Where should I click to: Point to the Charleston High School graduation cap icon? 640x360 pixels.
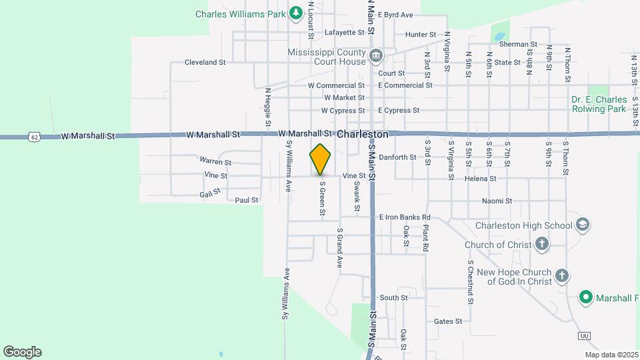point(582,225)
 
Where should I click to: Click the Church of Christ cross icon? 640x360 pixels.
point(541,244)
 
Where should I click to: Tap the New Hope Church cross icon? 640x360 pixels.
point(561,275)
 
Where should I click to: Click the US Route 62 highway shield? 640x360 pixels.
point(34,136)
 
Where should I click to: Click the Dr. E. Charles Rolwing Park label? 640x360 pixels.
point(599,104)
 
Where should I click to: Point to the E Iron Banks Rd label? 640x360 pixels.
point(405,217)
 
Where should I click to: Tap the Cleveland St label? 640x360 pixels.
point(206,62)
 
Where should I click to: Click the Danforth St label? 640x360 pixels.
point(397,157)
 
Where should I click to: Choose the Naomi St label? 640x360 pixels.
point(497,201)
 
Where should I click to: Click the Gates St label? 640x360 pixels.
point(448,321)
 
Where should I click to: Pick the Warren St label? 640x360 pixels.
point(215,161)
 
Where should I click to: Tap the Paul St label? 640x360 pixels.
point(246,199)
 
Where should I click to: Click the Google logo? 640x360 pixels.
point(22,352)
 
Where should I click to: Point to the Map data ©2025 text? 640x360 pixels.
point(611,355)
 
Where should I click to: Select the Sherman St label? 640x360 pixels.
point(513,43)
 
